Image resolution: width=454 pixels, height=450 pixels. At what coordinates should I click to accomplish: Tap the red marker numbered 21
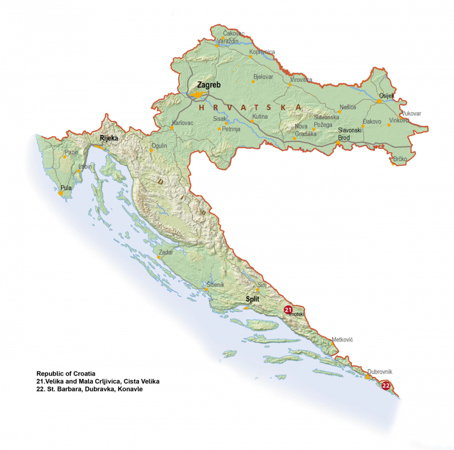[x=288, y=309]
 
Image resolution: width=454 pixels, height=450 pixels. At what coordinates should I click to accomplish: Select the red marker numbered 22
[x=386, y=385]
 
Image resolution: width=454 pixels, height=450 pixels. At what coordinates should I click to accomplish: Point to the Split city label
[x=253, y=298]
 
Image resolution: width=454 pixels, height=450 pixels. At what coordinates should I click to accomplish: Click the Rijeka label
[x=108, y=138]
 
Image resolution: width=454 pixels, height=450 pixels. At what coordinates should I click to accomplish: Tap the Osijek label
[x=386, y=95]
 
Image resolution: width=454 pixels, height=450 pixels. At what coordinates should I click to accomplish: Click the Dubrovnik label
[x=380, y=372]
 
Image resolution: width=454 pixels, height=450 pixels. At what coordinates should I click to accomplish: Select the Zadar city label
[x=166, y=251]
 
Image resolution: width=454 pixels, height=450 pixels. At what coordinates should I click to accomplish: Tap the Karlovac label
[x=183, y=123]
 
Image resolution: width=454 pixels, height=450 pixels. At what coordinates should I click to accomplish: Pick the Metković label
[x=342, y=339]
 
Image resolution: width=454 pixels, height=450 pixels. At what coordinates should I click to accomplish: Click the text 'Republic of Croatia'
[x=65, y=373]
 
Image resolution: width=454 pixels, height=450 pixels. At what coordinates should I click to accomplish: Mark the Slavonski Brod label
[x=350, y=133]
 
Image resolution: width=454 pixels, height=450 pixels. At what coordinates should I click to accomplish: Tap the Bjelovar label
[x=263, y=76]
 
